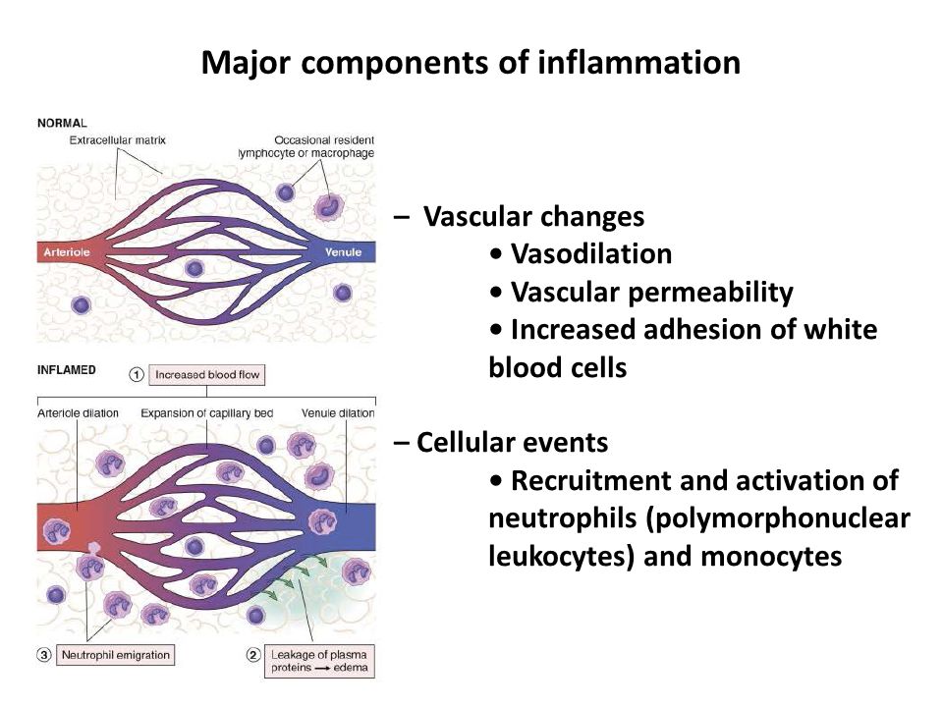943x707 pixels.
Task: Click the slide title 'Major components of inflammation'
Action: point(471,63)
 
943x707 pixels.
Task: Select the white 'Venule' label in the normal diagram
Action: point(346,252)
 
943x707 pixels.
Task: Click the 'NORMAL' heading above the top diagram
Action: point(62,124)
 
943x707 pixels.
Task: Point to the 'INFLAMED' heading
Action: point(67,371)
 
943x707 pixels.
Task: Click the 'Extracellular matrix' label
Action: point(118,140)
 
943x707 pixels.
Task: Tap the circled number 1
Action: point(137,374)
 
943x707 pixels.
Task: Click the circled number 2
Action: point(252,655)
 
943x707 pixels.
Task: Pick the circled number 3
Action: point(43,655)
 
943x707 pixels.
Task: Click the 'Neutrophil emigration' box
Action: point(116,655)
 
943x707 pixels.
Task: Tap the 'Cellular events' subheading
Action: point(511,443)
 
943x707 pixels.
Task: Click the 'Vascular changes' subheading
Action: point(533,215)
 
